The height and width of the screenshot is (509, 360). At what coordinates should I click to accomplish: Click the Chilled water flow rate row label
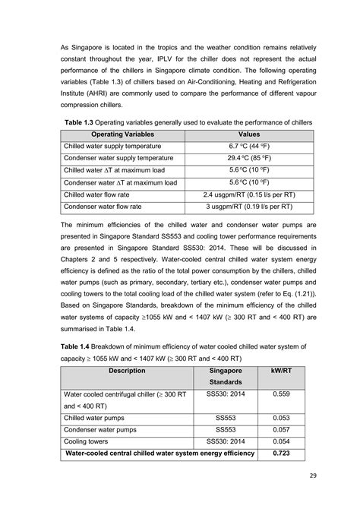tap(100, 194)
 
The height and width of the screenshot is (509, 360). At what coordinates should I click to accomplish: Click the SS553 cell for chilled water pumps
tap(226, 418)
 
